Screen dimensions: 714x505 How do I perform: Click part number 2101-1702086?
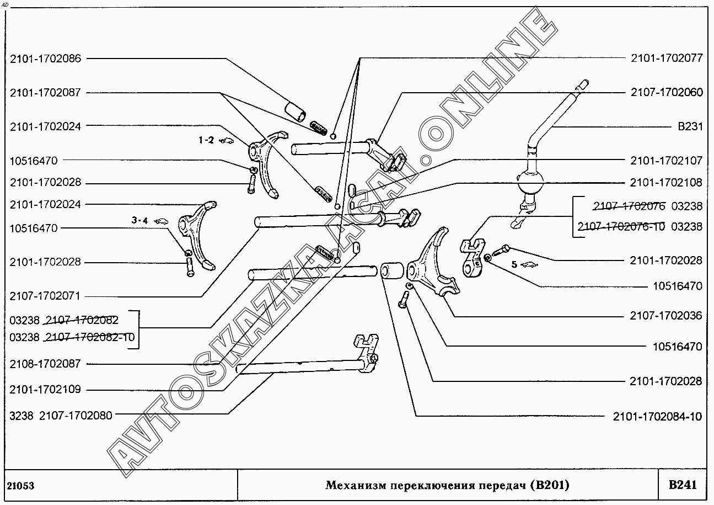click(x=46, y=59)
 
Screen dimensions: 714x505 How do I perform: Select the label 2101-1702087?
click(x=45, y=93)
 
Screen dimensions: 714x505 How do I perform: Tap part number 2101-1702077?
click(x=667, y=58)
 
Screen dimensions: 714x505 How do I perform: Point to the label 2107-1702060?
click(x=667, y=92)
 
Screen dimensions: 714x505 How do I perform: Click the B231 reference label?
click(x=690, y=126)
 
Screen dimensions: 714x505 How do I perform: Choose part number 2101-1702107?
click(x=667, y=161)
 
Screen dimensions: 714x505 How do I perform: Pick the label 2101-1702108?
click(x=666, y=183)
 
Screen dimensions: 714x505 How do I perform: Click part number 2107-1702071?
click(x=45, y=296)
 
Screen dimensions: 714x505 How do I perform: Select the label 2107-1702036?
click(x=666, y=316)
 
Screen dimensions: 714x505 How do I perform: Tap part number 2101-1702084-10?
click(x=657, y=416)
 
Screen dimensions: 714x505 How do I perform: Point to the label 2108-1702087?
click(x=45, y=364)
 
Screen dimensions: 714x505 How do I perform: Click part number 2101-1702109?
click(x=45, y=389)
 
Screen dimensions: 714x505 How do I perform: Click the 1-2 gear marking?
click(x=206, y=140)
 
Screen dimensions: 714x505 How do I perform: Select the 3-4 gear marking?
click(x=139, y=220)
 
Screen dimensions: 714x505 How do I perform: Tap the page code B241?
click(x=683, y=485)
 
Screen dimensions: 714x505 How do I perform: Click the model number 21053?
click(x=21, y=486)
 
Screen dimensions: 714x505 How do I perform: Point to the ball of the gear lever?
click(x=530, y=183)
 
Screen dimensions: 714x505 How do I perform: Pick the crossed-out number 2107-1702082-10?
click(x=90, y=337)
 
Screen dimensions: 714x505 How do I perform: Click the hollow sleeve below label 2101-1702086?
click(x=295, y=111)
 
